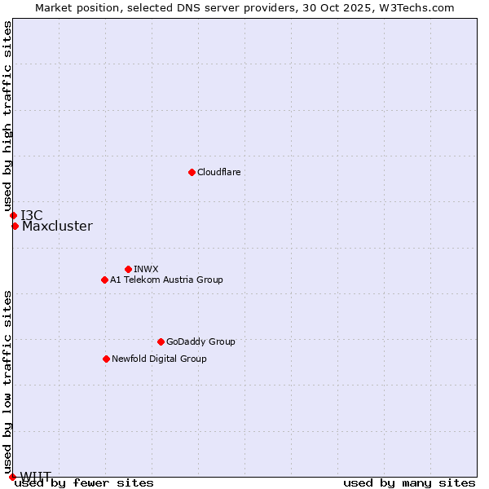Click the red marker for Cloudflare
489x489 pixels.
(192, 172)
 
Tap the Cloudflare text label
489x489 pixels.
(218, 172)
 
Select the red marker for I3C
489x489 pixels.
(13, 215)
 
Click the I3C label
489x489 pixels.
(32, 215)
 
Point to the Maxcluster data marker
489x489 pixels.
(15, 226)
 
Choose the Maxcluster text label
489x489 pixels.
(57, 227)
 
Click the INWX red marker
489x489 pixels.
(128, 269)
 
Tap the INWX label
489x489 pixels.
(146, 269)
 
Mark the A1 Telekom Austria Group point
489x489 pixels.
(104, 280)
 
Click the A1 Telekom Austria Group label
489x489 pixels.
(166, 280)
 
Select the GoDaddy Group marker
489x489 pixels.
(161, 341)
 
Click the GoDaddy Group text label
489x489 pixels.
(200, 341)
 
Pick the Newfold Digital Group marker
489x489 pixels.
(106, 359)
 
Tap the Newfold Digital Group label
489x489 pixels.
(159, 359)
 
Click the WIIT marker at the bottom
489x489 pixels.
(11, 477)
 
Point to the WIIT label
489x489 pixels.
(36, 476)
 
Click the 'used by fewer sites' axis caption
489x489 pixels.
(84, 483)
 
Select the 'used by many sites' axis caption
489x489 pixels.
(409, 483)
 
